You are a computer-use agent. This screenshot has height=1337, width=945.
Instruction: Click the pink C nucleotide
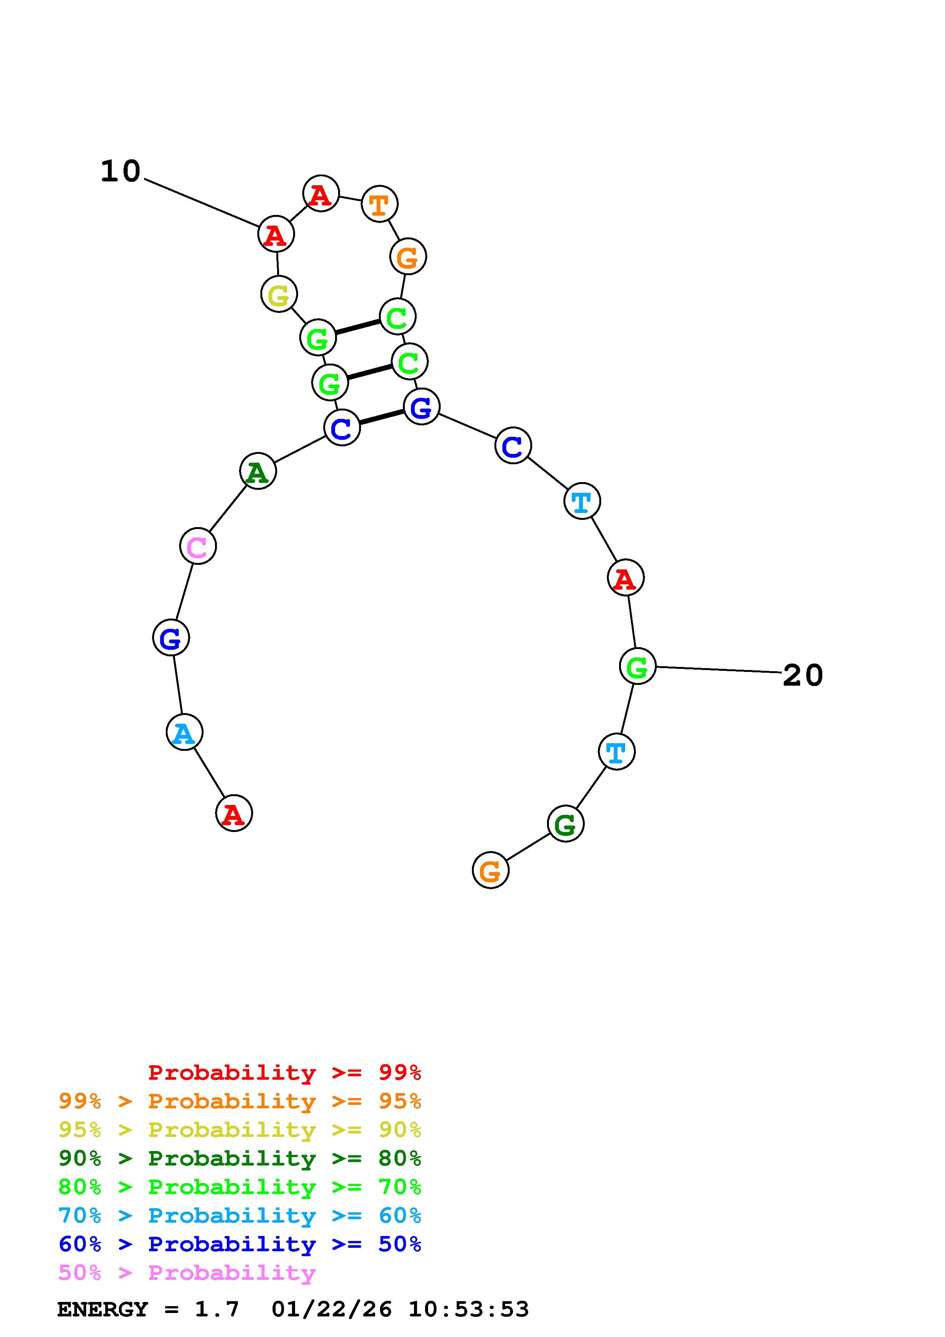[x=198, y=546]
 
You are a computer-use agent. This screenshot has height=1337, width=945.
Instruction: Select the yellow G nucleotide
[x=279, y=294]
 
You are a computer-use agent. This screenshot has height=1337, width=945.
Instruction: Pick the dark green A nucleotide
[x=258, y=472]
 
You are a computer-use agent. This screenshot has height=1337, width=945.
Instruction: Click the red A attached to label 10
[x=276, y=235]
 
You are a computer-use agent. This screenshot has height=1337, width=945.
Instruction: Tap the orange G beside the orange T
[x=408, y=257]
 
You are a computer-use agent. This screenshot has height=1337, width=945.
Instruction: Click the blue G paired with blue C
[x=421, y=407]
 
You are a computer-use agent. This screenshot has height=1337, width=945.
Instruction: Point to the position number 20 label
[x=803, y=675]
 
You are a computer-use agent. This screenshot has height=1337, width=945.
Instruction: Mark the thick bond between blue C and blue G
[x=381, y=417]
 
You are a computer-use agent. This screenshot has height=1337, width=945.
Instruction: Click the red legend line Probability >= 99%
[x=285, y=1072]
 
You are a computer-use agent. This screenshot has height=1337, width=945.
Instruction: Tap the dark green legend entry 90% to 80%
[x=240, y=1158]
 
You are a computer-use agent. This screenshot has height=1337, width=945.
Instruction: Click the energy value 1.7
[x=217, y=1309]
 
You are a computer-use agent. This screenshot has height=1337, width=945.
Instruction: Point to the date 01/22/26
[x=331, y=1309]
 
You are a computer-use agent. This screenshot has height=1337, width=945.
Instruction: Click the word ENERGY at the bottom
[x=103, y=1309]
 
